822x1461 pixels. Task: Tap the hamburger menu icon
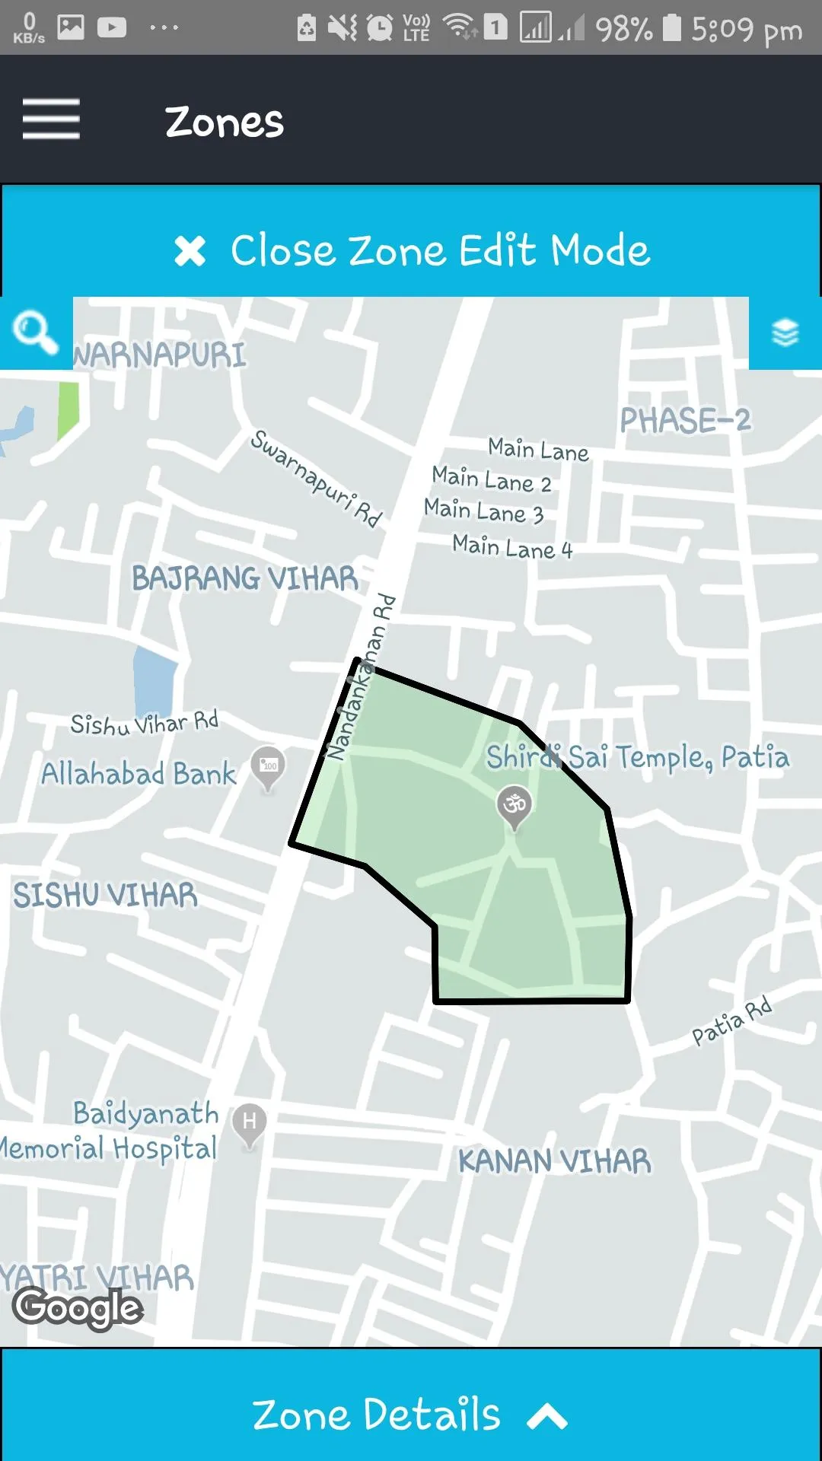point(51,119)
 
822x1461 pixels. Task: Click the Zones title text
point(225,122)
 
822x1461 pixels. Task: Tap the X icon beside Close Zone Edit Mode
point(190,251)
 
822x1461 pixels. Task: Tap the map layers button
point(785,333)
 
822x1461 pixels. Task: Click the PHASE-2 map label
point(685,420)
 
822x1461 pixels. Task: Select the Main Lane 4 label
point(511,547)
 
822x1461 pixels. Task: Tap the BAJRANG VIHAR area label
point(244,578)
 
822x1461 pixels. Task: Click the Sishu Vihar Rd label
point(145,723)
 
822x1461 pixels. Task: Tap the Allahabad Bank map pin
point(268,767)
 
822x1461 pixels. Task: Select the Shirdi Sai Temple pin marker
point(515,805)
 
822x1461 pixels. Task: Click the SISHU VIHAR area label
point(105,896)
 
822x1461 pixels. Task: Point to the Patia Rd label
point(731,1021)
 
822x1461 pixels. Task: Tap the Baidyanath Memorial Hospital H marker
point(249,1123)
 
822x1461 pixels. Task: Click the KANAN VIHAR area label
point(554,1162)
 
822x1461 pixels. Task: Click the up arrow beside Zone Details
point(546,1417)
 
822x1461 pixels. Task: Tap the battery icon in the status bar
point(671,28)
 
